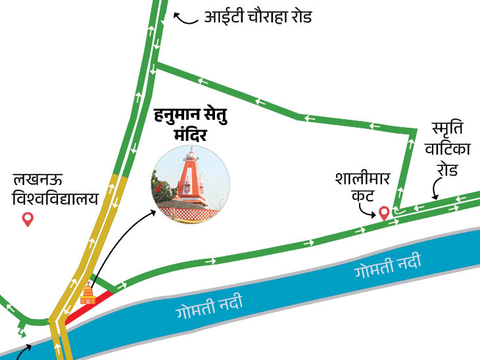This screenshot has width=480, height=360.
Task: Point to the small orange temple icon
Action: point(88,294)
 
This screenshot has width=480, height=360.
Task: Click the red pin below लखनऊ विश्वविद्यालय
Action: point(28,219)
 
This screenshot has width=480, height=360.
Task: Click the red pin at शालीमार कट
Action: point(383,213)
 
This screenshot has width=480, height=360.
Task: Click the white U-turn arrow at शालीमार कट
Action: point(397,212)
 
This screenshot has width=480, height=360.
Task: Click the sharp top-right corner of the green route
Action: point(414,132)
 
